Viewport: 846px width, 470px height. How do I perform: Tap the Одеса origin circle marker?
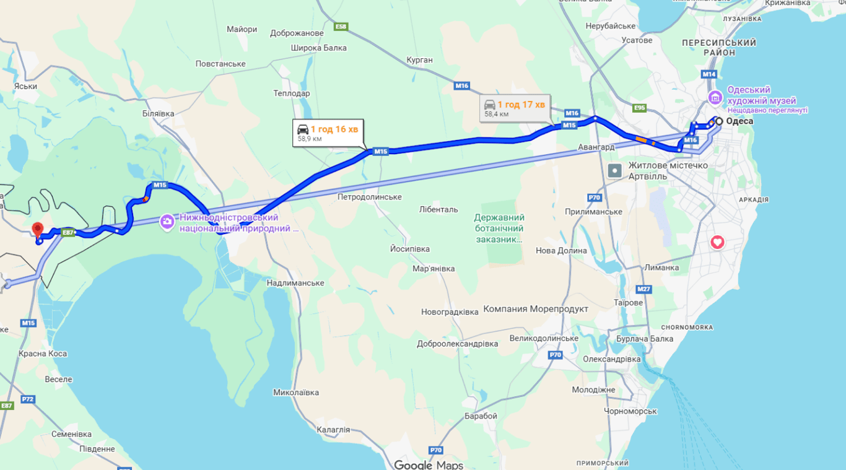718,121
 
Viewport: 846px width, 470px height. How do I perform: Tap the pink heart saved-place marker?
717,242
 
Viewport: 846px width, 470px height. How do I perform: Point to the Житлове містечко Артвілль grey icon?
615,171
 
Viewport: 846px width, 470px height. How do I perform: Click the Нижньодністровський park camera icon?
167,222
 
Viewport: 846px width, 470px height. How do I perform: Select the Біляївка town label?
158,113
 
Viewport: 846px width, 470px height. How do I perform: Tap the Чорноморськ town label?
630,411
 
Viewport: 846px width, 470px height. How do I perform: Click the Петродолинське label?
370,197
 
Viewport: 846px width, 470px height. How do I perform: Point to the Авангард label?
596,147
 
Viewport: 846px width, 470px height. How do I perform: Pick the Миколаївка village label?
296,393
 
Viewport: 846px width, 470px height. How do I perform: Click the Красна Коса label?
43,354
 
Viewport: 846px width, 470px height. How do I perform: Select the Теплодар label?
291,94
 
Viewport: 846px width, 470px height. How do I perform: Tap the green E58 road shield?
341,27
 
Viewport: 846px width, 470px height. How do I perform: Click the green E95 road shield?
640,108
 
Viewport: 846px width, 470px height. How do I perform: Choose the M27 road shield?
644,289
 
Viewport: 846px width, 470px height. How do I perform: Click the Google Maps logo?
429,464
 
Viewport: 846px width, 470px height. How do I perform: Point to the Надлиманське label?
295,283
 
